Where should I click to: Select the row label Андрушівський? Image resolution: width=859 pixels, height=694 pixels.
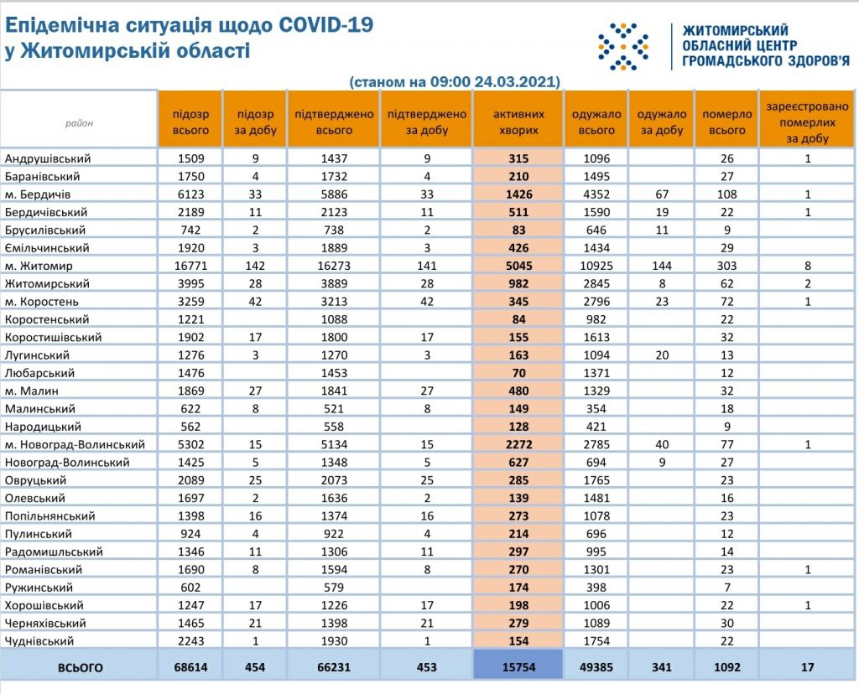pyautogui.click(x=48, y=158)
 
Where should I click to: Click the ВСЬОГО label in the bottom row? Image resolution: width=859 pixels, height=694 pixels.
pyautogui.click(x=80, y=667)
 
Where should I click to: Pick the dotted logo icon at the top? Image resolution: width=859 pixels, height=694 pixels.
pyautogui.click(x=622, y=46)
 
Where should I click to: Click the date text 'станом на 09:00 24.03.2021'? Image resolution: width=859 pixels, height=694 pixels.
pyautogui.click(x=456, y=82)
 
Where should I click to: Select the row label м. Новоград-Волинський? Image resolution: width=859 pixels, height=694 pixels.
pyautogui.click(x=75, y=444)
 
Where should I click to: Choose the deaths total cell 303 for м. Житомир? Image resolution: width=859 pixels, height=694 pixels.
pyautogui.click(x=726, y=266)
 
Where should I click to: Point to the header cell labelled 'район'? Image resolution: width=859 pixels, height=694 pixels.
pyautogui.click(x=80, y=123)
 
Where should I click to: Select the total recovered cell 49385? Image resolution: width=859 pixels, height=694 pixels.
pyautogui.click(x=596, y=667)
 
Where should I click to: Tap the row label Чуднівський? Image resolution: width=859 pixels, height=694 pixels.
pyautogui.click(x=39, y=640)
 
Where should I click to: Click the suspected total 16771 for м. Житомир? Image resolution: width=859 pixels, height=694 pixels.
pyautogui.click(x=190, y=266)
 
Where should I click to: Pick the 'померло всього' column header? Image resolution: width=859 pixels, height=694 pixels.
pyautogui.click(x=726, y=122)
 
